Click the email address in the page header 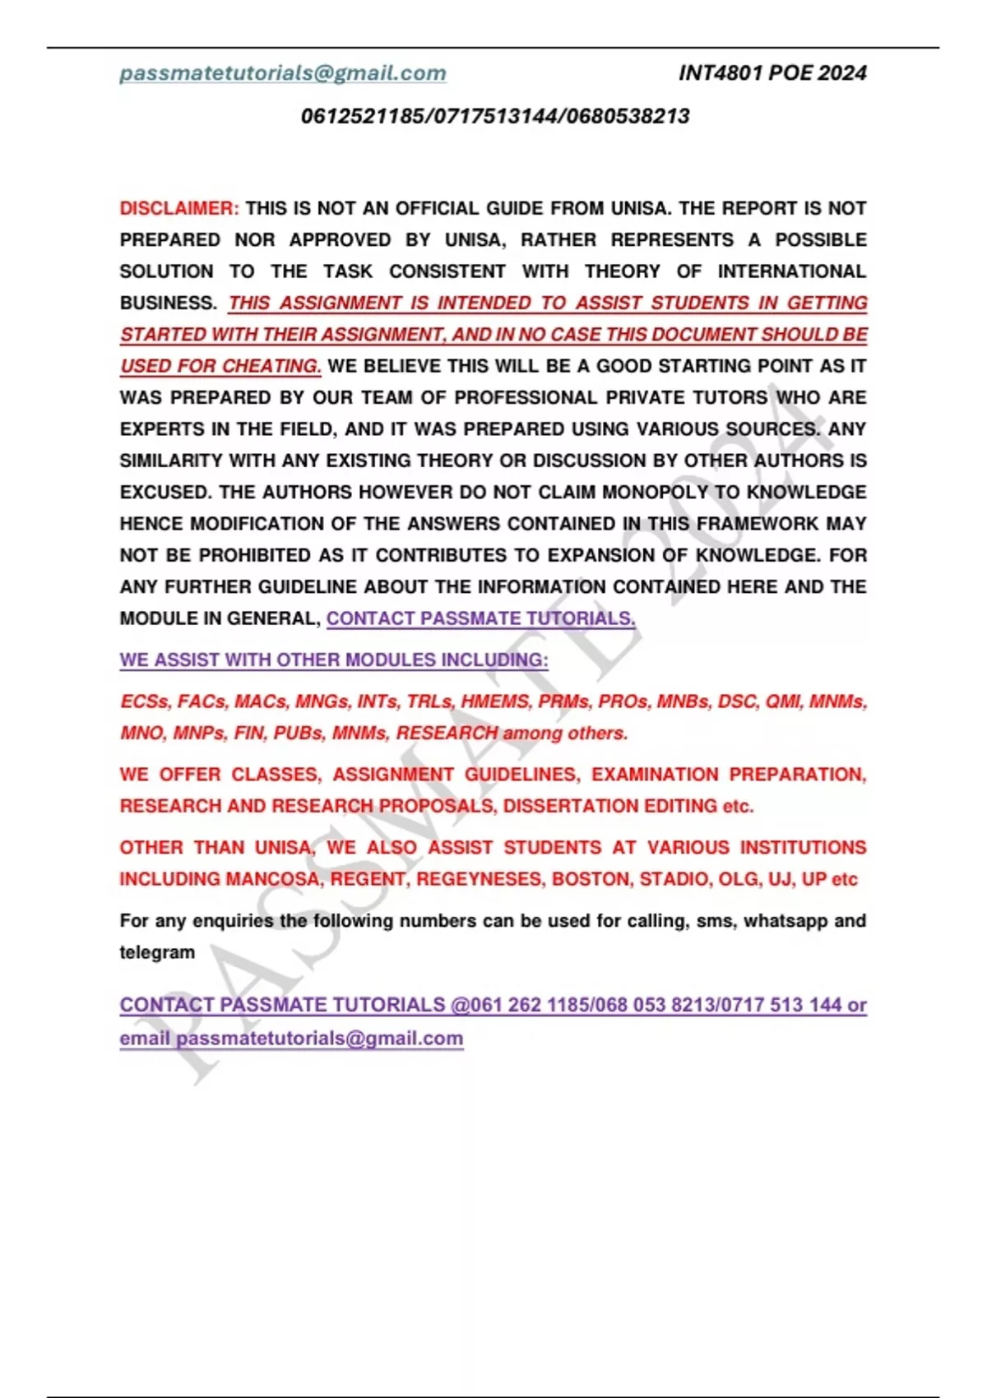(283, 73)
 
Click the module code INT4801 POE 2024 (772, 73)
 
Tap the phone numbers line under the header (495, 116)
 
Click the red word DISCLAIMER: (179, 208)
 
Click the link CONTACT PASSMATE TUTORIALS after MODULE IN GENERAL (480, 618)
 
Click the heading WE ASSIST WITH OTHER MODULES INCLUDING (334, 660)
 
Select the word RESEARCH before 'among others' (447, 733)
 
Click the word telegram (157, 952)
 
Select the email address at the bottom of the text (319, 1038)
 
